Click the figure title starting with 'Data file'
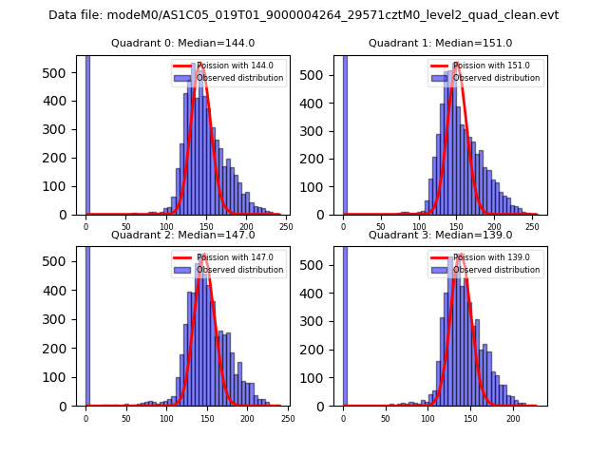coord(303,15)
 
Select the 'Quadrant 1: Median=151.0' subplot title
coord(440,43)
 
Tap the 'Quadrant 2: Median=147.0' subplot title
coord(182,235)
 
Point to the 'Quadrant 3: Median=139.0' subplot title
coord(440,235)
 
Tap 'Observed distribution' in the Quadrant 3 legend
coord(496,270)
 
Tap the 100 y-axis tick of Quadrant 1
coord(320,185)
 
